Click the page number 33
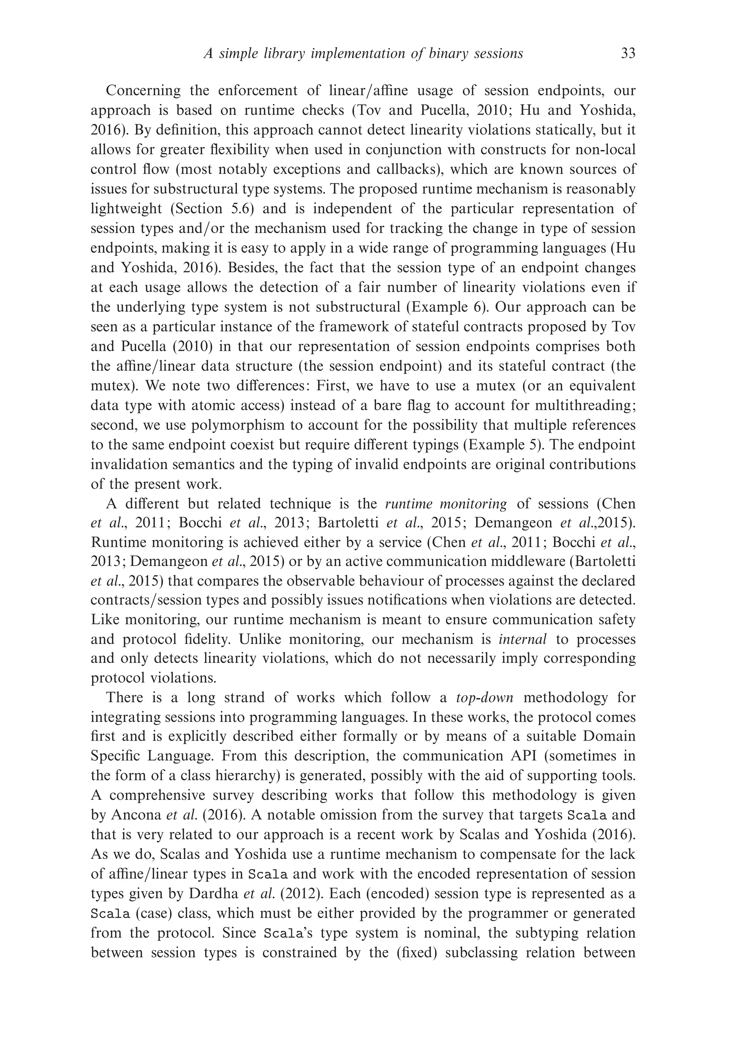(628, 54)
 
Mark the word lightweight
(126, 209)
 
